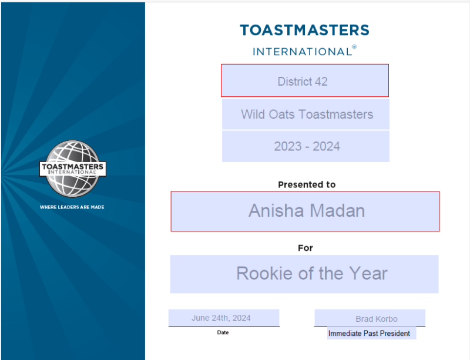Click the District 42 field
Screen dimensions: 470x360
click(305, 80)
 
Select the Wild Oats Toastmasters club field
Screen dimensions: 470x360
click(305, 114)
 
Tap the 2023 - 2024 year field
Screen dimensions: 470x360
click(305, 146)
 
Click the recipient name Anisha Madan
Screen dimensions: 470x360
click(307, 210)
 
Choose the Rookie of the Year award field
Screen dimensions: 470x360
click(304, 274)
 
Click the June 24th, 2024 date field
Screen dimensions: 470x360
click(224, 318)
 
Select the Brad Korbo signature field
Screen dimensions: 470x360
click(370, 318)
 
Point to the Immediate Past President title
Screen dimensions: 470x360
click(369, 334)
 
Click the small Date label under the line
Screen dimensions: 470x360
click(223, 332)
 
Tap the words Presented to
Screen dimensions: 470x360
click(307, 184)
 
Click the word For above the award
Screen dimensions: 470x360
click(305, 248)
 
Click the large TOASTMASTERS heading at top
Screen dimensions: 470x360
click(304, 31)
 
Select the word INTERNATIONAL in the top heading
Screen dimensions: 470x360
click(303, 52)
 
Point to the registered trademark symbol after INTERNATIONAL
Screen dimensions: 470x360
click(354, 47)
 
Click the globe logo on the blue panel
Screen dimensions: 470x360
click(73, 169)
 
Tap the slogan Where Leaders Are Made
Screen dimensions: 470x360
click(72, 207)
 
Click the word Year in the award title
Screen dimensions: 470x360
click(368, 273)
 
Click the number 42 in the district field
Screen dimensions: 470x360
click(321, 82)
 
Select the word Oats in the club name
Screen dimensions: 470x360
click(281, 114)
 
